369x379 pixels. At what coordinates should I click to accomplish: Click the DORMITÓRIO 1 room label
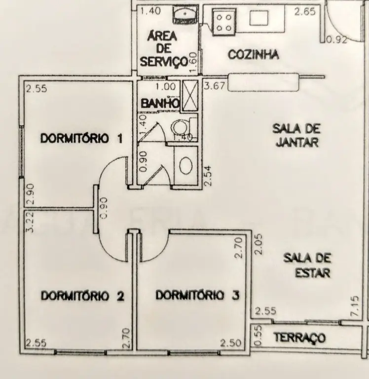[81, 139]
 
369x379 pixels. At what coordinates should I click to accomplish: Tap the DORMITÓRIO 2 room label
[82, 296]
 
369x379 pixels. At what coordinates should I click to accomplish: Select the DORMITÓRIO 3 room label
[198, 296]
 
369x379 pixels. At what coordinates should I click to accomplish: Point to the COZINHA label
[253, 55]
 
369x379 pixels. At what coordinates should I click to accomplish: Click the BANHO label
[160, 104]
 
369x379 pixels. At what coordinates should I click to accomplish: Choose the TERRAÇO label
[300, 338]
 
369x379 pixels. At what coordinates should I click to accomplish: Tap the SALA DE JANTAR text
[297, 135]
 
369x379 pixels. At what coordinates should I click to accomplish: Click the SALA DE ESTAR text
[307, 265]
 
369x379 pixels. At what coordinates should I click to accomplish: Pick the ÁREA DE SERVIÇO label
[164, 49]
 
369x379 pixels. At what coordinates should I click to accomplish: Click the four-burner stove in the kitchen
[224, 23]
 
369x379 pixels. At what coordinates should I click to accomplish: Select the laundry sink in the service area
[185, 14]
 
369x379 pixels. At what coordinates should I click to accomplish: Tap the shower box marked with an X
[190, 95]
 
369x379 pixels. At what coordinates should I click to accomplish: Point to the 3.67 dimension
[214, 86]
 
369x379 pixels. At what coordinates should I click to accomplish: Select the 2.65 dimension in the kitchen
[305, 11]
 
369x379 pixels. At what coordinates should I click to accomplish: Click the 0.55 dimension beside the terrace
[258, 336]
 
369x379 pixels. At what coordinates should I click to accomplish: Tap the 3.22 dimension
[30, 222]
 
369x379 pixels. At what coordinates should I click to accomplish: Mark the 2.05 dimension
[258, 244]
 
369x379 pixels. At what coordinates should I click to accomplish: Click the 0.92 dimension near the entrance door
[337, 39]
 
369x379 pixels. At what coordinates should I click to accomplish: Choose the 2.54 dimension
[208, 176]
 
